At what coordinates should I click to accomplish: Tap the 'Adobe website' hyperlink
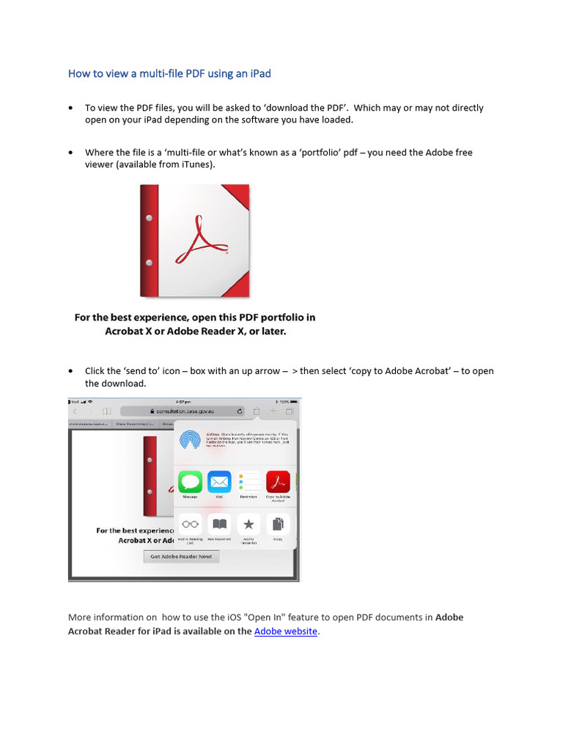(x=285, y=631)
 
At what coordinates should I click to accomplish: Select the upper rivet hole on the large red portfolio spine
(x=150, y=218)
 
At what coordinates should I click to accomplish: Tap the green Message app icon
(x=191, y=482)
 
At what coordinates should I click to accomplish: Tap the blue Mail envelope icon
(x=219, y=482)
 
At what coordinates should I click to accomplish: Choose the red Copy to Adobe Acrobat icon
(x=278, y=482)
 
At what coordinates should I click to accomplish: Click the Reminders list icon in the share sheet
(x=249, y=482)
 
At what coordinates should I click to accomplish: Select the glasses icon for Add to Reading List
(x=191, y=524)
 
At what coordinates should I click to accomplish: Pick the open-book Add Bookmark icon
(x=219, y=524)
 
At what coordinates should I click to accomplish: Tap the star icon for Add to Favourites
(x=249, y=524)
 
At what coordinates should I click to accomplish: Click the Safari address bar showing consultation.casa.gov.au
(x=183, y=411)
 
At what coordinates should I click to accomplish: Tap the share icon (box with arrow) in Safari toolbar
(x=257, y=411)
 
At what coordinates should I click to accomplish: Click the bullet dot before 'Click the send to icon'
(x=70, y=371)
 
